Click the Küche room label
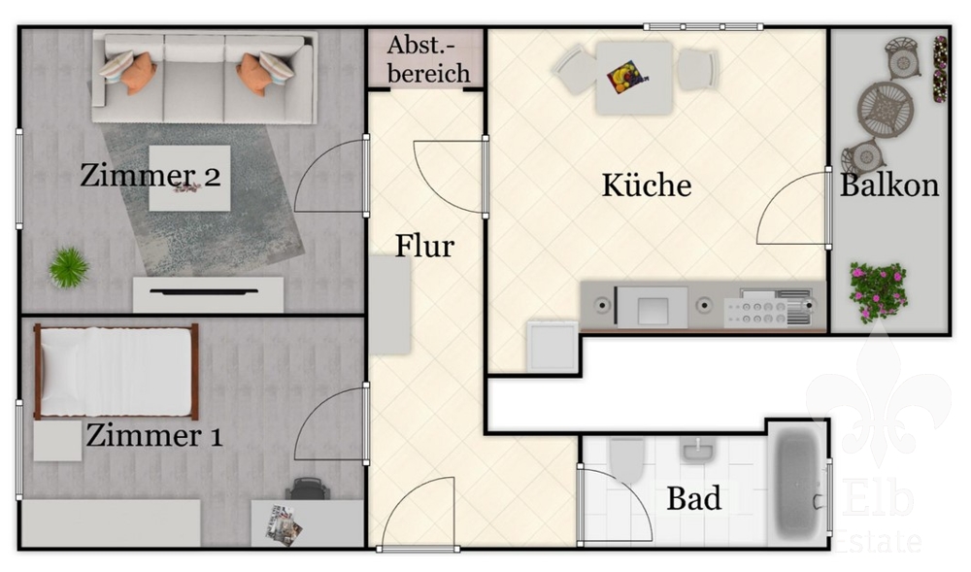click(x=647, y=185)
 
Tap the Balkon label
click(x=889, y=185)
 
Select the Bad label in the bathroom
click(x=693, y=498)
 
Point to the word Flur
click(x=425, y=246)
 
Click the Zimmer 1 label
click(x=154, y=435)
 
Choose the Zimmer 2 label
click(x=151, y=175)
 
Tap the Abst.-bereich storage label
click(x=428, y=59)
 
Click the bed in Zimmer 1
click(x=117, y=371)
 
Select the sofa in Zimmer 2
click(x=204, y=78)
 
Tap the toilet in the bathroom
click(x=626, y=460)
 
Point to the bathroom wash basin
click(x=698, y=450)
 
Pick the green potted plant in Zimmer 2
click(x=69, y=267)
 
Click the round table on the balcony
click(x=886, y=110)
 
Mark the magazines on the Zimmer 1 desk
click(x=283, y=525)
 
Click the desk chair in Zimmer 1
click(x=307, y=488)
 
